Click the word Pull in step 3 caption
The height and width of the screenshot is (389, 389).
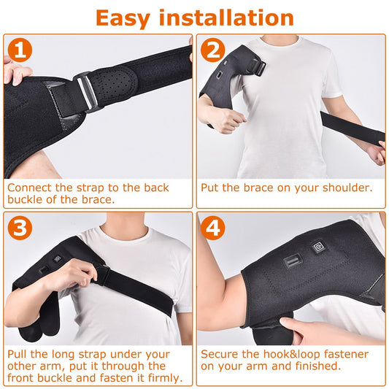coord(18,354)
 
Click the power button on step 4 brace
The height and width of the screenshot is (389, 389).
coord(319,247)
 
